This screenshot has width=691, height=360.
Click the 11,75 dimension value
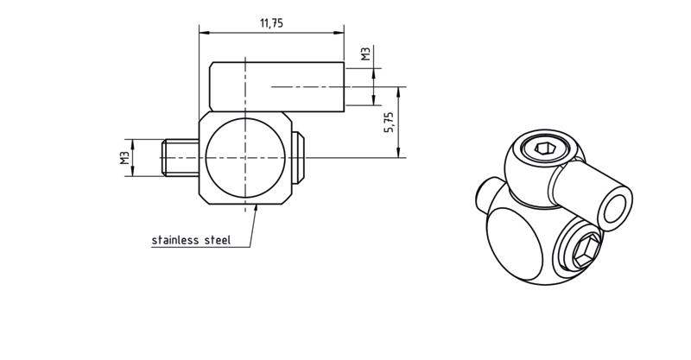(271, 23)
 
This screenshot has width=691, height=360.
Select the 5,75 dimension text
(389, 122)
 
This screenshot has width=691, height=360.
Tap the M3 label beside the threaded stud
(124, 158)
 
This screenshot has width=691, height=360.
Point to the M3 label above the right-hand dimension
(365, 54)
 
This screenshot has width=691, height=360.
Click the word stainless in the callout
(175, 240)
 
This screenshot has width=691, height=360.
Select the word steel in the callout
(218, 240)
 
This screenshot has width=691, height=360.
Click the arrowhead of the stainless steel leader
(256, 208)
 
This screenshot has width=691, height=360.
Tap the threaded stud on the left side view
(181, 157)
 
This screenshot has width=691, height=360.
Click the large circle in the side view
(245, 157)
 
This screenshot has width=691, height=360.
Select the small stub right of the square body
(298, 157)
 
